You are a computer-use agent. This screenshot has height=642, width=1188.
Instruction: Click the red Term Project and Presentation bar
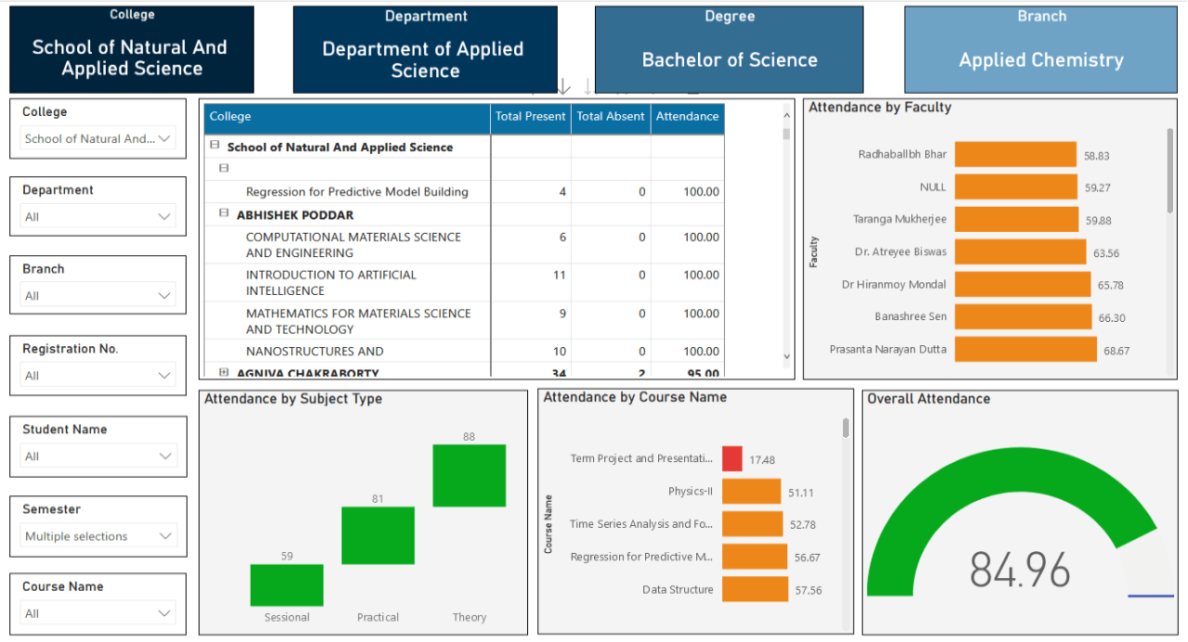click(x=731, y=458)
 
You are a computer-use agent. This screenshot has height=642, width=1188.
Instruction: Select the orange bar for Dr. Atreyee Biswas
click(x=1019, y=252)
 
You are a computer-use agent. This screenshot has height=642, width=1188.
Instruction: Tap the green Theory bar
click(x=469, y=476)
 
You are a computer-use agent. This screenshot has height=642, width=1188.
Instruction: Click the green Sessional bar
click(x=287, y=585)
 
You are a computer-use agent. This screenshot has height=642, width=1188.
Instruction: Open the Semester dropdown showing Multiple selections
click(x=98, y=536)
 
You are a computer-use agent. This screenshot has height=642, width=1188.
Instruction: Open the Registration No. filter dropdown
click(x=98, y=376)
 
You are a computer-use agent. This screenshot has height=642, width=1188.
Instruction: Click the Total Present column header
click(x=530, y=117)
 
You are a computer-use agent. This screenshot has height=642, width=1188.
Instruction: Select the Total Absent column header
click(x=610, y=117)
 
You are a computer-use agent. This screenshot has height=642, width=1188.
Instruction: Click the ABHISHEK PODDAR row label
click(x=295, y=215)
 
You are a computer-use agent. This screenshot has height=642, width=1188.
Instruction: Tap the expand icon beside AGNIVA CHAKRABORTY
click(x=224, y=373)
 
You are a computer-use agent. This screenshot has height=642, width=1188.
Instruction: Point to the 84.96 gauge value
click(x=1019, y=569)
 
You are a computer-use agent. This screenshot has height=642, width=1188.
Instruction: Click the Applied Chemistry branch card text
click(x=1040, y=60)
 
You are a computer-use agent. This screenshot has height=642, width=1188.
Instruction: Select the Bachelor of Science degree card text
click(x=730, y=60)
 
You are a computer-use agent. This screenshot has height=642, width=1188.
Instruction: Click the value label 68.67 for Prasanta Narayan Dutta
click(x=1116, y=351)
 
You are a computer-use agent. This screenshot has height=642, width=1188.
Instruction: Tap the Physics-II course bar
click(x=751, y=492)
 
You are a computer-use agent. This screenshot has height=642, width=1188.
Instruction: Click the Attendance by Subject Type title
click(x=293, y=399)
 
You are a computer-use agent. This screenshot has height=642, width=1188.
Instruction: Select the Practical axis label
click(x=378, y=617)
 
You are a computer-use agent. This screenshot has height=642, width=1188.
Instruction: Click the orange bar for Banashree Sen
click(x=1023, y=316)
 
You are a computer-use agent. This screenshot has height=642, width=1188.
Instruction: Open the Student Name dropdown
click(x=98, y=456)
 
